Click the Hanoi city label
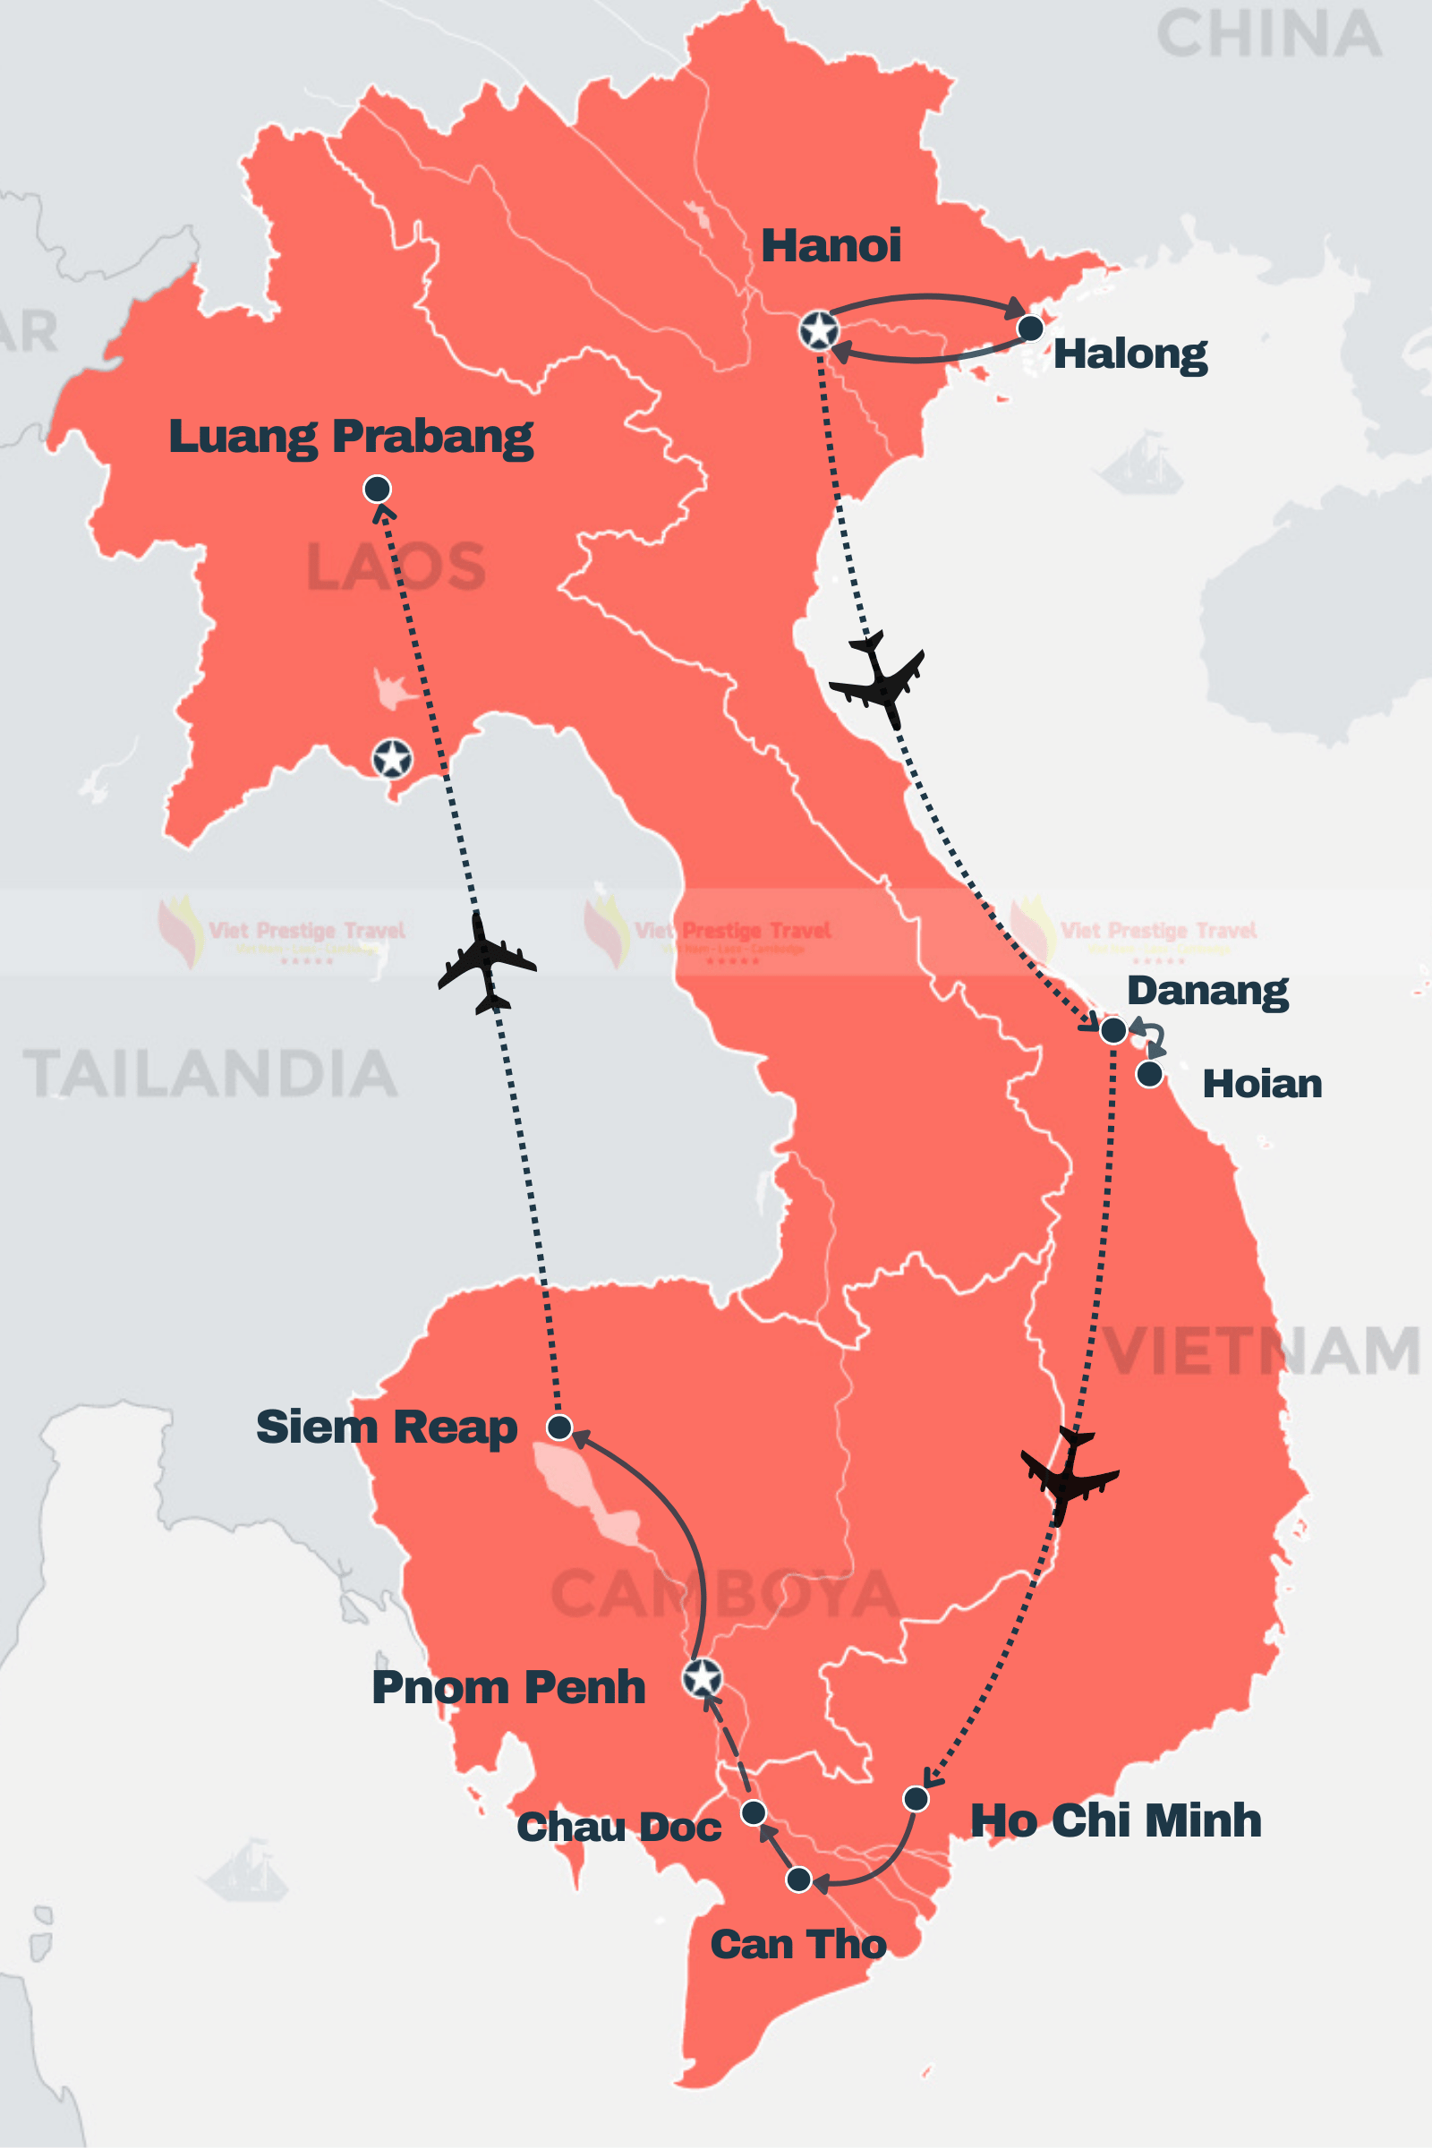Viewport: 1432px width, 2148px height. (831, 244)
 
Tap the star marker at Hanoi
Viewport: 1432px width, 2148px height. (818, 329)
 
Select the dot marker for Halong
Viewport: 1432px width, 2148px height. (1029, 328)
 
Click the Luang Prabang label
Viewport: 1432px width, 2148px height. (351, 437)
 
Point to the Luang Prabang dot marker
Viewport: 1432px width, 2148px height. (377, 489)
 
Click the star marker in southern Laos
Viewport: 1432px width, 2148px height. (392, 758)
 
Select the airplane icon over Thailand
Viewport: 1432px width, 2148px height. (486, 964)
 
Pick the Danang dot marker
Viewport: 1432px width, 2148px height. (1112, 1030)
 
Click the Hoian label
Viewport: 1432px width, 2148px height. (1261, 1084)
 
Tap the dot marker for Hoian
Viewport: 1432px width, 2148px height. (1149, 1074)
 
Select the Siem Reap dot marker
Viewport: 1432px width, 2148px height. (558, 1427)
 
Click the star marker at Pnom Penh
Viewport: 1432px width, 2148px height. (703, 1677)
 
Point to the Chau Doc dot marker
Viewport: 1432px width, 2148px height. (754, 1811)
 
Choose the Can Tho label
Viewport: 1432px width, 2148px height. (798, 1943)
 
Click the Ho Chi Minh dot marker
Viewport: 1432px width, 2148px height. (915, 1798)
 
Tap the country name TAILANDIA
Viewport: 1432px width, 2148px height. (210, 1073)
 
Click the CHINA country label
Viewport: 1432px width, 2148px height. (1268, 35)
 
